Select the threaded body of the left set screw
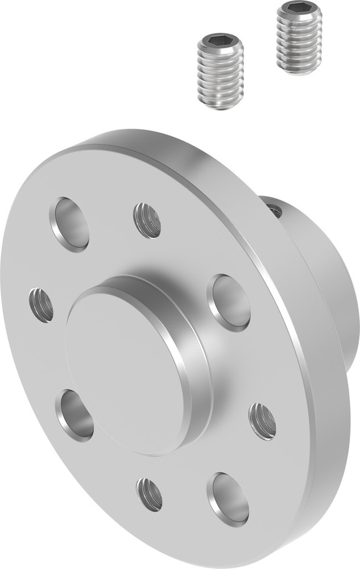(221, 74)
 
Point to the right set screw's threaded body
(299, 43)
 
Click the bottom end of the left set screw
(221, 106)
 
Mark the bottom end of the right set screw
(299, 71)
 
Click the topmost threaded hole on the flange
(147, 220)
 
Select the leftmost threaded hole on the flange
(42, 305)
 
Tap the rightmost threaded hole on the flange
(262, 420)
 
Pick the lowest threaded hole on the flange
(150, 494)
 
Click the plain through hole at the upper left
(71, 224)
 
